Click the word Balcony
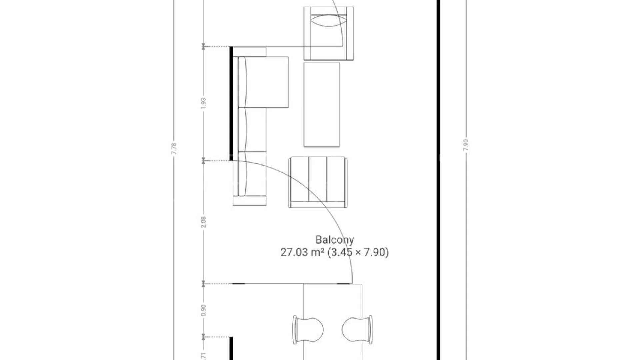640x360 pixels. point(335,240)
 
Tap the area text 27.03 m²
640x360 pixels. point(302,252)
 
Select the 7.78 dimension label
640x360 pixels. point(174,149)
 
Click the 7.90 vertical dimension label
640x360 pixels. point(466,145)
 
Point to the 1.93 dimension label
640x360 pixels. point(204,103)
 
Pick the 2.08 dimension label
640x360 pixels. point(204,222)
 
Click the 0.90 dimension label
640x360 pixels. point(204,310)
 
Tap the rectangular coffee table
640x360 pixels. point(322,104)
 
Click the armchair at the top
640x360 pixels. point(329,33)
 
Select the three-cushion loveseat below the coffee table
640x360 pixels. point(318,182)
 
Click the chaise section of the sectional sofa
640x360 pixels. point(263,82)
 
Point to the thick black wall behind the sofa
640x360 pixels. point(231,104)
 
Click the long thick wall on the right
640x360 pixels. point(438,180)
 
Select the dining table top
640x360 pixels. point(333,322)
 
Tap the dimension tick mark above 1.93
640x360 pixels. point(203,47)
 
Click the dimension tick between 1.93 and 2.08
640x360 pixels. point(203,161)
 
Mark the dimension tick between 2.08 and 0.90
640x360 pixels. point(203,284)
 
